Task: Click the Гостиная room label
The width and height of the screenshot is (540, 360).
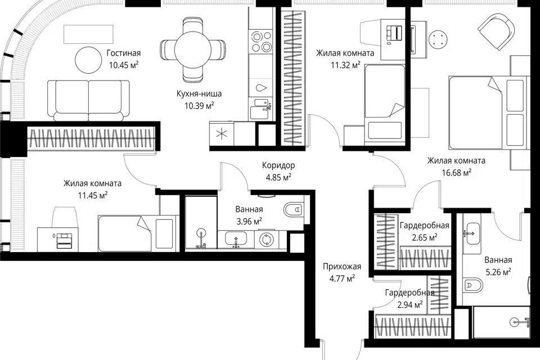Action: tap(124, 53)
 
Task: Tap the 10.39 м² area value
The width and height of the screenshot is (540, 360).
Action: tap(199, 105)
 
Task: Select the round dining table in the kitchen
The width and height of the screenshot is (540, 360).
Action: tap(192, 50)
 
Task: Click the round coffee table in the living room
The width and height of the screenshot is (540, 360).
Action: tap(88, 60)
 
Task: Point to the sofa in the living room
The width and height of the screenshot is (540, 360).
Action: tap(88, 101)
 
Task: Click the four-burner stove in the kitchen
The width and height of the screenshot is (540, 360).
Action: tap(262, 41)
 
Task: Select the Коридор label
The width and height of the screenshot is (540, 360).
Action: tap(278, 165)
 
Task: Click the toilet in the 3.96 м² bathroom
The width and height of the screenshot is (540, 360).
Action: tap(294, 209)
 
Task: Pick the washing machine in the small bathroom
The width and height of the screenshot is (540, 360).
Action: tap(266, 239)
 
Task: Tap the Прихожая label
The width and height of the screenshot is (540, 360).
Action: tap(342, 267)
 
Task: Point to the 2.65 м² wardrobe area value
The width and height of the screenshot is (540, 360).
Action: tap(424, 237)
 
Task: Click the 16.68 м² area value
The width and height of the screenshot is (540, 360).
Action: tap(457, 172)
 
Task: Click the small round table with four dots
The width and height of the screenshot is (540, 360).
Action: tap(438, 38)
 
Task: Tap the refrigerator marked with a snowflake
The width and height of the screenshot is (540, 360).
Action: tap(222, 134)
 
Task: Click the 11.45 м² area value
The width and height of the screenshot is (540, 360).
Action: tap(93, 196)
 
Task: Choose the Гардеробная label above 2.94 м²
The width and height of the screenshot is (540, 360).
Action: tap(409, 293)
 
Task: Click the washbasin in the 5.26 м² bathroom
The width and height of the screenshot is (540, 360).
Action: tap(473, 233)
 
